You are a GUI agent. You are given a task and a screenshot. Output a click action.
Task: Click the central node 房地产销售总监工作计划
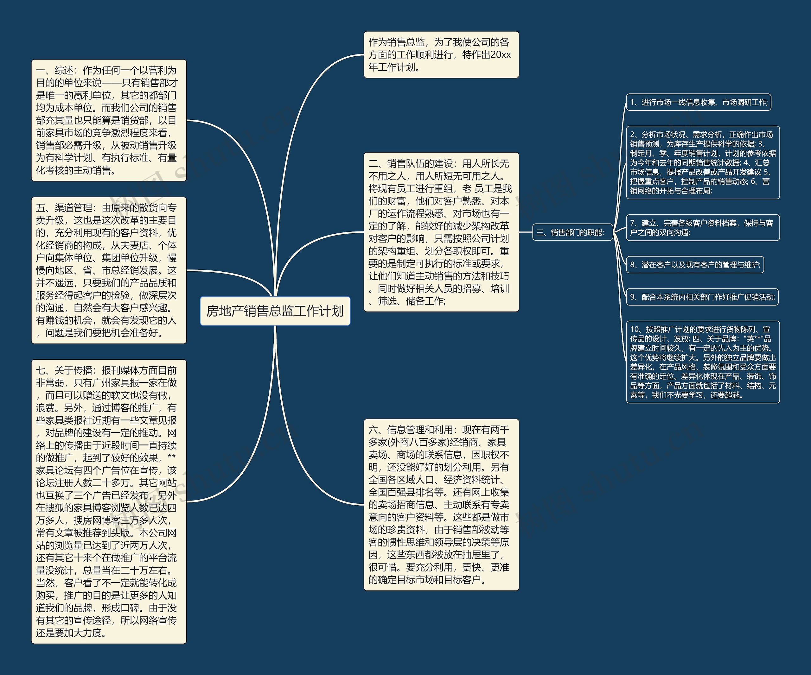tap(275, 311)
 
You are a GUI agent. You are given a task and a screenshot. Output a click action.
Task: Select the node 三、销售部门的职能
tap(572, 232)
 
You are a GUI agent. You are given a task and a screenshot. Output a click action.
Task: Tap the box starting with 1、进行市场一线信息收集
tap(698, 102)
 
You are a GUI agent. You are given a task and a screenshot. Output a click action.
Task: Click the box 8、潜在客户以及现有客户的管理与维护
tap(695, 265)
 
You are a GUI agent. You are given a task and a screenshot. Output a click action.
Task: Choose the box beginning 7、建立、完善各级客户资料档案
tap(702, 228)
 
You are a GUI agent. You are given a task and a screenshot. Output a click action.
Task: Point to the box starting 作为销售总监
tap(441, 55)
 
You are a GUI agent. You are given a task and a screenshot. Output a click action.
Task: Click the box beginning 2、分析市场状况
tap(702, 162)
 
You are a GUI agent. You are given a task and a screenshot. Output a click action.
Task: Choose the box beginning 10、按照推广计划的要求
tap(702, 362)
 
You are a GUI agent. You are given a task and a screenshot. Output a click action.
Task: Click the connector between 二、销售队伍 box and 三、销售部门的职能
tap(526, 232)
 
